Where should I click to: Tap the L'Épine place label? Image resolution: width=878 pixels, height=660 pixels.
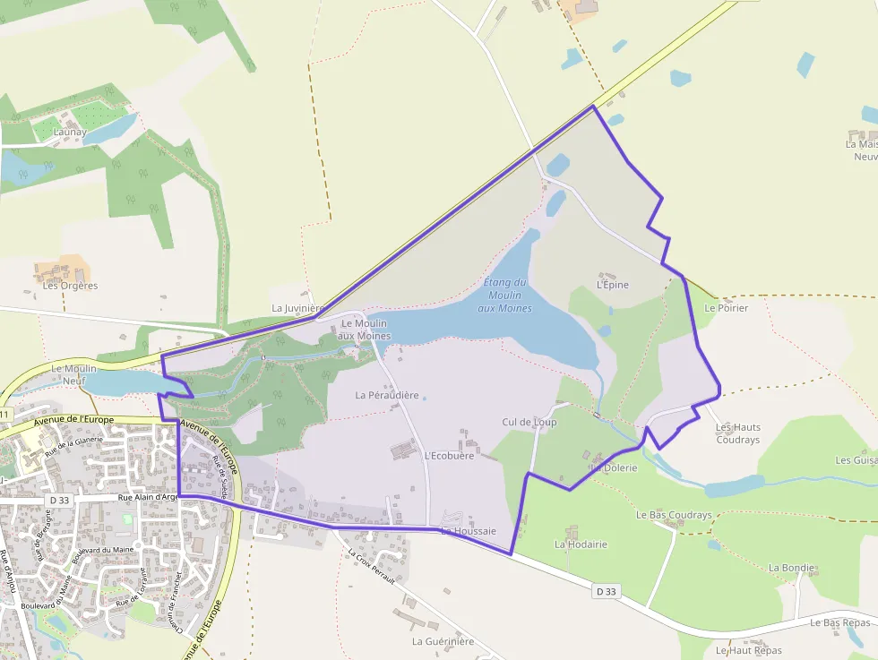(x=613, y=285)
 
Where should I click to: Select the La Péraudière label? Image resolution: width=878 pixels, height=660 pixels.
(x=387, y=395)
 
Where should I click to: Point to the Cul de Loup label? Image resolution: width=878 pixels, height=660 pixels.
(x=529, y=422)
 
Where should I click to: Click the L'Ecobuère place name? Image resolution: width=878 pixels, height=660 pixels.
(x=449, y=455)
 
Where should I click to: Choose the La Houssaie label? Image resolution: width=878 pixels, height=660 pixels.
(x=468, y=531)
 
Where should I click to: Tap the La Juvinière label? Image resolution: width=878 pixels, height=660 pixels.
(x=297, y=308)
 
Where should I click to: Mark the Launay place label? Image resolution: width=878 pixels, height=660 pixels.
(x=70, y=133)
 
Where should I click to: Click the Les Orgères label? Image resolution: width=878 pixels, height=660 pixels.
(x=71, y=286)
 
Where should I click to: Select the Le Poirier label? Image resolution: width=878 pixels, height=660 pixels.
(x=726, y=307)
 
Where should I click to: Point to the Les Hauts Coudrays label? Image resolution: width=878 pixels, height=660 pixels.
(x=737, y=433)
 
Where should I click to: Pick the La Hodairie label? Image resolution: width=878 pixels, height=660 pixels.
(x=581, y=544)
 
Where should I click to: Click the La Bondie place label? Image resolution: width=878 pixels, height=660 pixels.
(x=792, y=568)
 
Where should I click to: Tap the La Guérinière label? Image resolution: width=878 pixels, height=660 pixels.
(x=443, y=641)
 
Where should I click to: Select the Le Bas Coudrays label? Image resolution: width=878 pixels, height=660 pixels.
(x=674, y=515)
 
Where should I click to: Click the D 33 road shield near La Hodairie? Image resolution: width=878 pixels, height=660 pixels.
(x=607, y=592)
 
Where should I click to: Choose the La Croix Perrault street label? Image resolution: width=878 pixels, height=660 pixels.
(x=370, y=567)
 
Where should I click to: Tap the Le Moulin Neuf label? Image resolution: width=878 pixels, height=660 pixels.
(x=73, y=373)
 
